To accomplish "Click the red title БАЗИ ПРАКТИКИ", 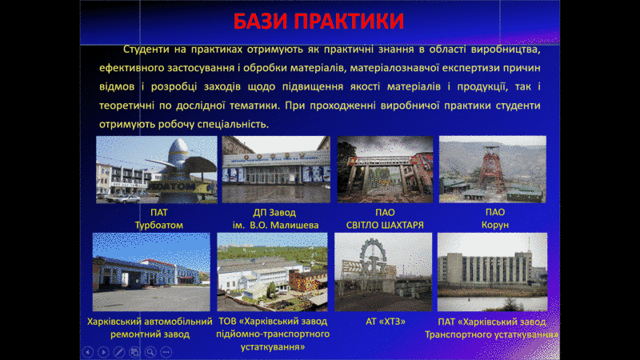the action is (x=318, y=21).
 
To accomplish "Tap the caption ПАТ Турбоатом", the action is (x=158, y=218).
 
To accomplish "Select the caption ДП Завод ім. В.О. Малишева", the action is (x=275, y=218).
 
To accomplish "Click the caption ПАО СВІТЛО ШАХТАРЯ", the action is (x=385, y=218).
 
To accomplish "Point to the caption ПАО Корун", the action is (x=495, y=218).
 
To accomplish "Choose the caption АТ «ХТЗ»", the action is (x=386, y=322).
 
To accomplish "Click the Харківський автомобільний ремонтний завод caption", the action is (x=150, y=328).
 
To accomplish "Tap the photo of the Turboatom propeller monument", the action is (x=157, y=170).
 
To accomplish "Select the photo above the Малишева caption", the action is (x=276, y=170).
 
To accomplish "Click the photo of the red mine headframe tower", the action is (x=493, y=170).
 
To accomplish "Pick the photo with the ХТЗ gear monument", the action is (x=383, y=272).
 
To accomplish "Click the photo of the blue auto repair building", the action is (x=151, y=272).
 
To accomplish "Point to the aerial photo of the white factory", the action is (x=272, y=272).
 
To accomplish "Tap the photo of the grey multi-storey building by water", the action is (x=492, y=272).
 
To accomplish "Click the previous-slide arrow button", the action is (x=88, y=352).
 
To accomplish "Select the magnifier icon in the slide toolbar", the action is (x=150, y=352).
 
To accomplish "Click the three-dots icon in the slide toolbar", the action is (x=166, y=352).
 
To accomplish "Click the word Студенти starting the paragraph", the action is (x=146, y=50).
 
